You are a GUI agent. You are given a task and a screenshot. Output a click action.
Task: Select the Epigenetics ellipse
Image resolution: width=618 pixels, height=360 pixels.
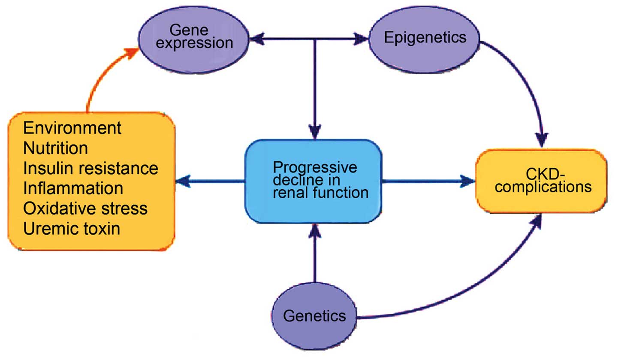(x=425, y=38)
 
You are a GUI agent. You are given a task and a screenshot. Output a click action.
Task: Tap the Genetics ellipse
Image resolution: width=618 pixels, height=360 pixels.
(x=314, y=316)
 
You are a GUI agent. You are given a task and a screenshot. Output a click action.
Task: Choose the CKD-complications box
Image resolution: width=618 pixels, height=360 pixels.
(x=541, y=181)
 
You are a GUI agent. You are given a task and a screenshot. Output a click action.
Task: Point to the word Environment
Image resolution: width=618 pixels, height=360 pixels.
(x=72, y=127)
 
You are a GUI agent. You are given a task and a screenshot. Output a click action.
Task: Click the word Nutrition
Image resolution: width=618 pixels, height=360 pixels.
(x=56, y=148)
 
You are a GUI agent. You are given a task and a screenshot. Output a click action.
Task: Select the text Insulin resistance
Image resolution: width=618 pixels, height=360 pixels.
(x=90, y=168)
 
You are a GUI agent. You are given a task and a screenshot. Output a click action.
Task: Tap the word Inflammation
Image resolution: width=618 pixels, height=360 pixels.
(x=73, y=188)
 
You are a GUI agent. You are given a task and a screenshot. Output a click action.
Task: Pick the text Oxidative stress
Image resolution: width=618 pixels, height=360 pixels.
(x=85, y=209)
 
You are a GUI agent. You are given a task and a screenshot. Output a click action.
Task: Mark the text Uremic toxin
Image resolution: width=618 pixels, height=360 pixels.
(x=72, y=229)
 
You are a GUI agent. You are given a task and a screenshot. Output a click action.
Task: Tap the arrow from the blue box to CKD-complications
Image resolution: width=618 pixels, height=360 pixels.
(x=429, y=181)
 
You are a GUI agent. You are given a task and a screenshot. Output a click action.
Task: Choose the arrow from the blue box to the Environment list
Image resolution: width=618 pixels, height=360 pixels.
(x=210, y=181)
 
